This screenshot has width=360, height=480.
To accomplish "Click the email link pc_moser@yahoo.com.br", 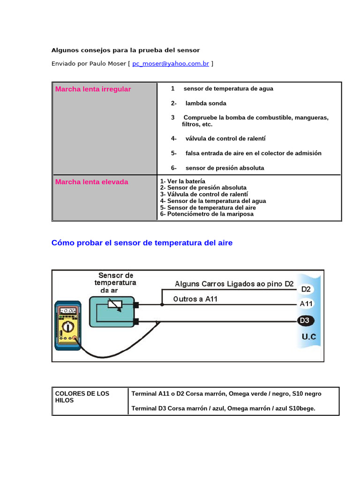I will [x=171, y=64].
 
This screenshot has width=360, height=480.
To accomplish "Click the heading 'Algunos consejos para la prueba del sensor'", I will [x=126, y=50].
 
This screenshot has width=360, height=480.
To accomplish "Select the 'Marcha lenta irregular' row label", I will [x=93, y=89].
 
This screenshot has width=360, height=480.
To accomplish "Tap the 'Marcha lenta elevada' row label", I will [x=92, y=182].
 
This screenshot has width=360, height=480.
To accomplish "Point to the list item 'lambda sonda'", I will [x=206, y=103].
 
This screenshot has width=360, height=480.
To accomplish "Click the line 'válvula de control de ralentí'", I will [x=225, y=139].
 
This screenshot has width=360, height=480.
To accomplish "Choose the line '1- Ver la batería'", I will [x=183, y=181].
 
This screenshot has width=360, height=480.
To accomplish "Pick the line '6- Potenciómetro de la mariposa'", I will [x=207, y=214].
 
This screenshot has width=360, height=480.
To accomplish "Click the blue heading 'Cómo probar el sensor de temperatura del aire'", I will [x=142, y=243].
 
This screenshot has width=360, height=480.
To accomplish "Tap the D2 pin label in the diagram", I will [x=306, y=289].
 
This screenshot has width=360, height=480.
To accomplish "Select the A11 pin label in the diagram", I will [x=306, y=304].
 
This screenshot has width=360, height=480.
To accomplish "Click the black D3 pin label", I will [x=306, y=321].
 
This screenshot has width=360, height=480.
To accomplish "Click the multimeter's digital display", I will [x=68, y=310].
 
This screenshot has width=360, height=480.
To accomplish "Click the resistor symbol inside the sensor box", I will [x=115, y=305].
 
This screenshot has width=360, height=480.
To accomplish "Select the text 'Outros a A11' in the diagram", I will [x=195, y=299].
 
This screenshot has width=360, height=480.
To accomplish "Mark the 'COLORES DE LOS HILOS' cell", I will [x=82, y=397].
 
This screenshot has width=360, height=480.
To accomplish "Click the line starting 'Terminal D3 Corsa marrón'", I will [x=224, y=408].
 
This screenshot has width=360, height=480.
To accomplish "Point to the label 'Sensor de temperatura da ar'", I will [x=115, y=283].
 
